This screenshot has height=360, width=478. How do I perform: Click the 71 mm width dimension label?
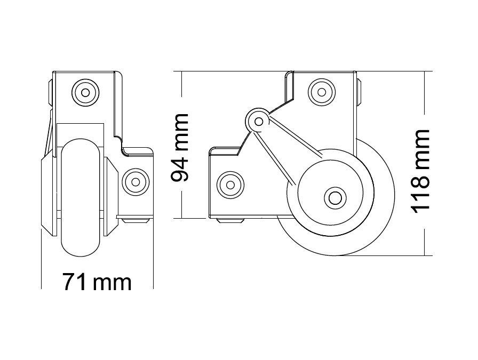(97, 282)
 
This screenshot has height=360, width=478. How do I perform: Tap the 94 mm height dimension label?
(180, 148)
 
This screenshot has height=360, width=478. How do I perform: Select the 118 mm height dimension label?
(420, 171)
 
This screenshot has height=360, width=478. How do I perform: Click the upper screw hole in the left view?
(85, 93)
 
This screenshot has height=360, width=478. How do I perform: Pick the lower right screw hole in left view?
(136, 182)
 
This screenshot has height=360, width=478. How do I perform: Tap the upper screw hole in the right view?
(322, 92)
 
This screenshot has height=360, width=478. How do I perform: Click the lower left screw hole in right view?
(230, 185)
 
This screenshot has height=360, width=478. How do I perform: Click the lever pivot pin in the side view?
(259, 122)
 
